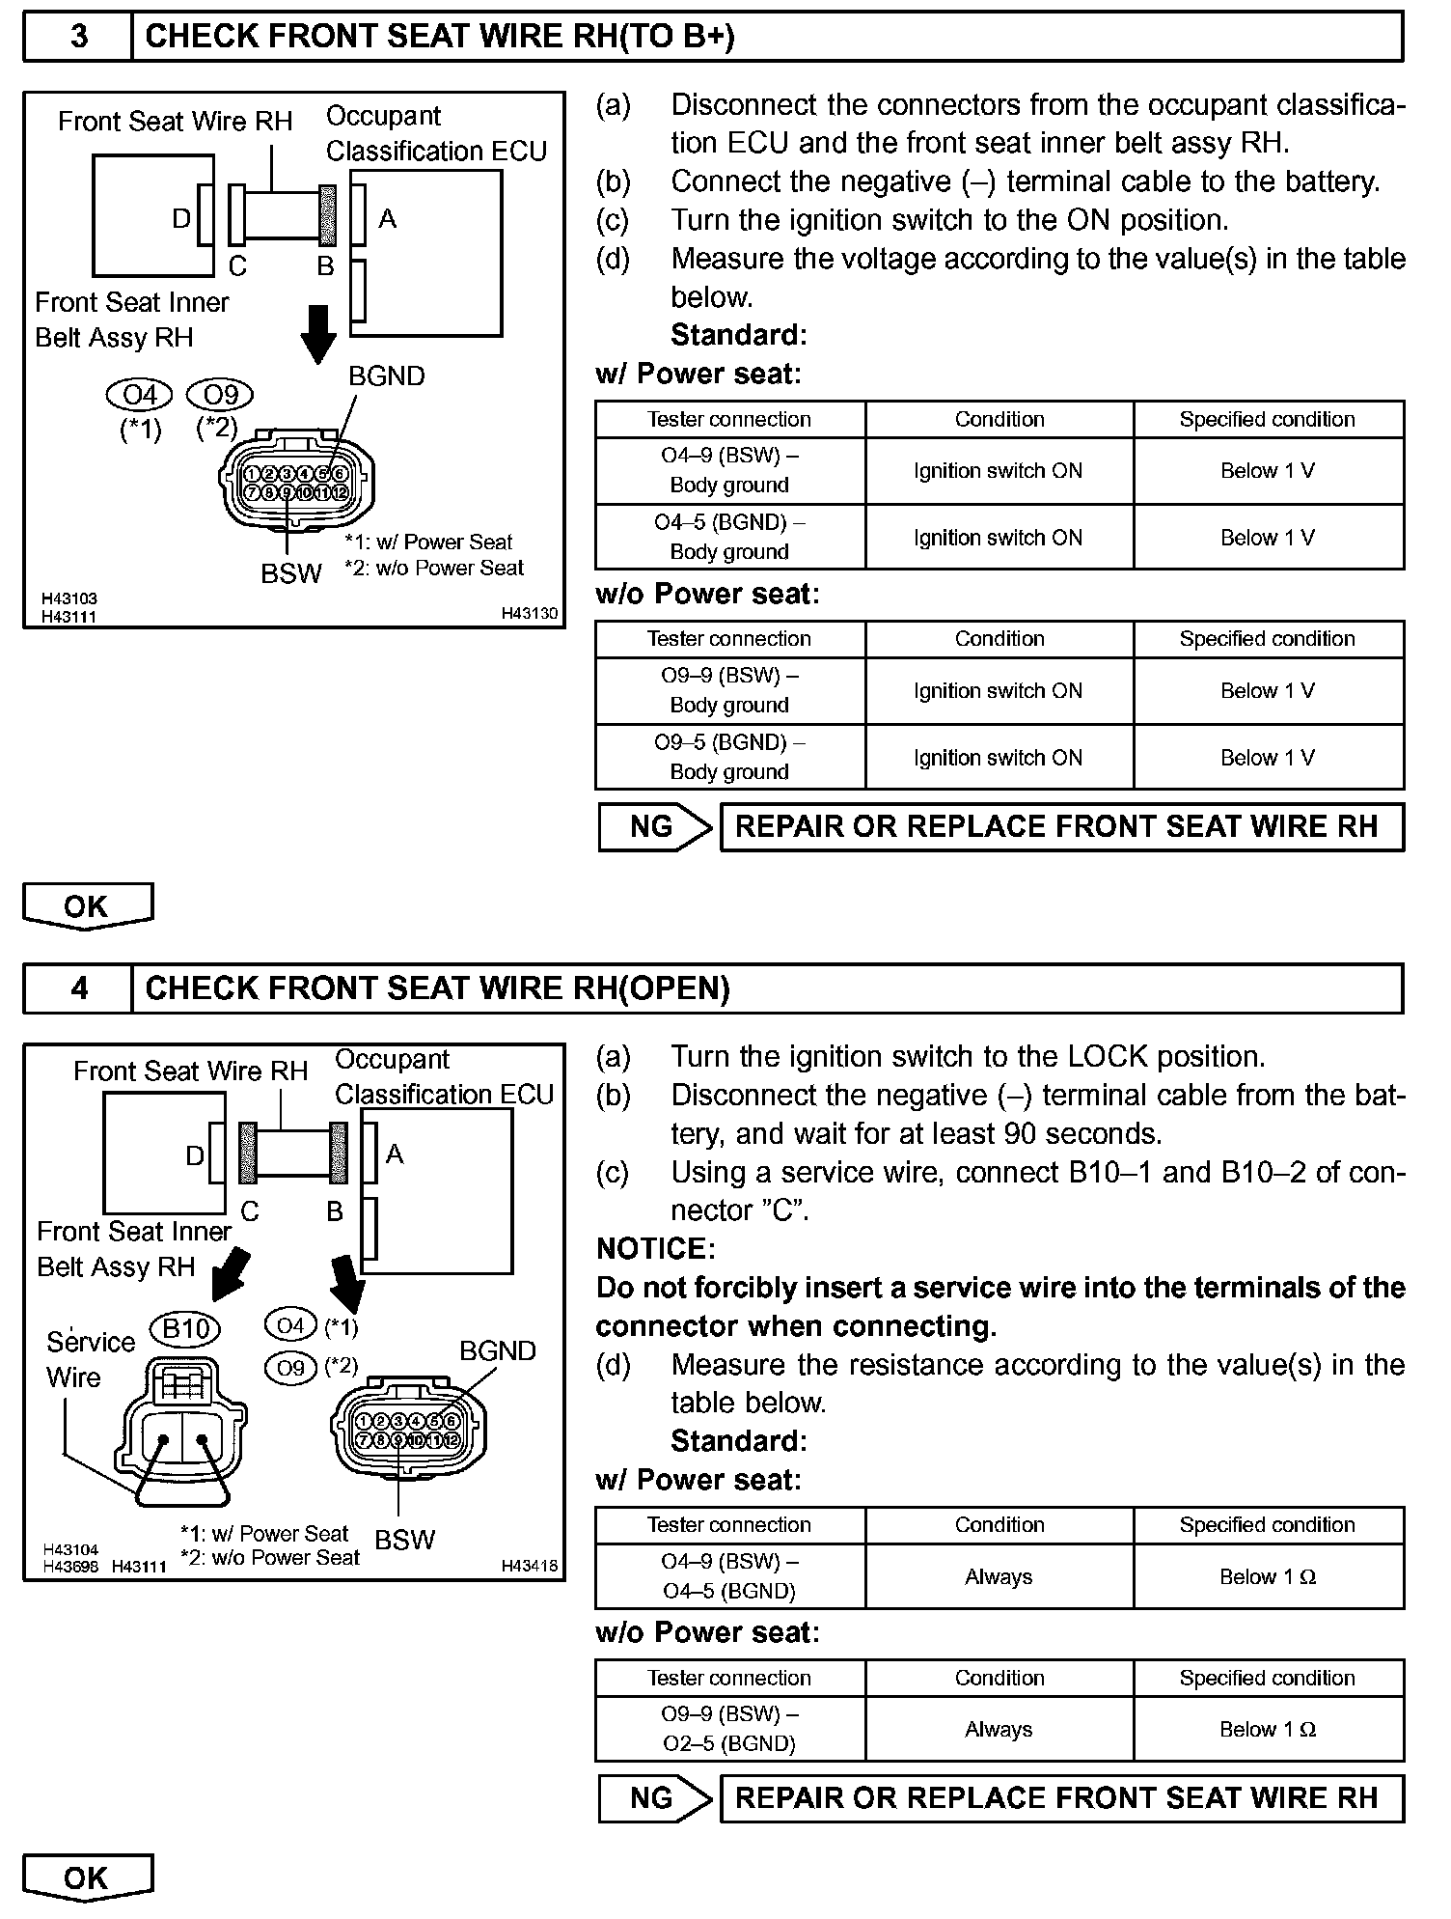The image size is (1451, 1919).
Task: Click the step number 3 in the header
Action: pos(78,37)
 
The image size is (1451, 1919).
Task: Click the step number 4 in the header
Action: pos(78,988)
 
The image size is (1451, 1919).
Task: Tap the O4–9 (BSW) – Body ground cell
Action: pos(729,470)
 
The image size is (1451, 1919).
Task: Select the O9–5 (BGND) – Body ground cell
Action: pos(729,757)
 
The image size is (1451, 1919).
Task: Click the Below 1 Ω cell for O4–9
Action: pos(1268,1576)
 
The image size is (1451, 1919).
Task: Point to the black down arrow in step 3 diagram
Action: pos(317,333)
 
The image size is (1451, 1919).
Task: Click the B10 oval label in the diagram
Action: pos(185,1329)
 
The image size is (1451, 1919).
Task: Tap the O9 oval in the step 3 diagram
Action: pos(220,395)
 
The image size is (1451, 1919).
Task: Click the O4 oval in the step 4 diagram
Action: pos(290,1325)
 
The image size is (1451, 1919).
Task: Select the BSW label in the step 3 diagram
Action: pos(290,573)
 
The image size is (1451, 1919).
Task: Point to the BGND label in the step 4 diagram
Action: pos(497,1350)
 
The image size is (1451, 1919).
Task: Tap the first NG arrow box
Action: pos(654,827)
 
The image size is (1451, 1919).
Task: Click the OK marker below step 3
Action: pos(87,906)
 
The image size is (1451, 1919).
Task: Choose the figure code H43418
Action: pos(529,1566)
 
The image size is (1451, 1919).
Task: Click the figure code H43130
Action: pos(529,613)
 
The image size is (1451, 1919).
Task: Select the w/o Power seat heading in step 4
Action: pos(707,1632)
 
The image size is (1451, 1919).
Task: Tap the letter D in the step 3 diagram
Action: pos(181,219)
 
